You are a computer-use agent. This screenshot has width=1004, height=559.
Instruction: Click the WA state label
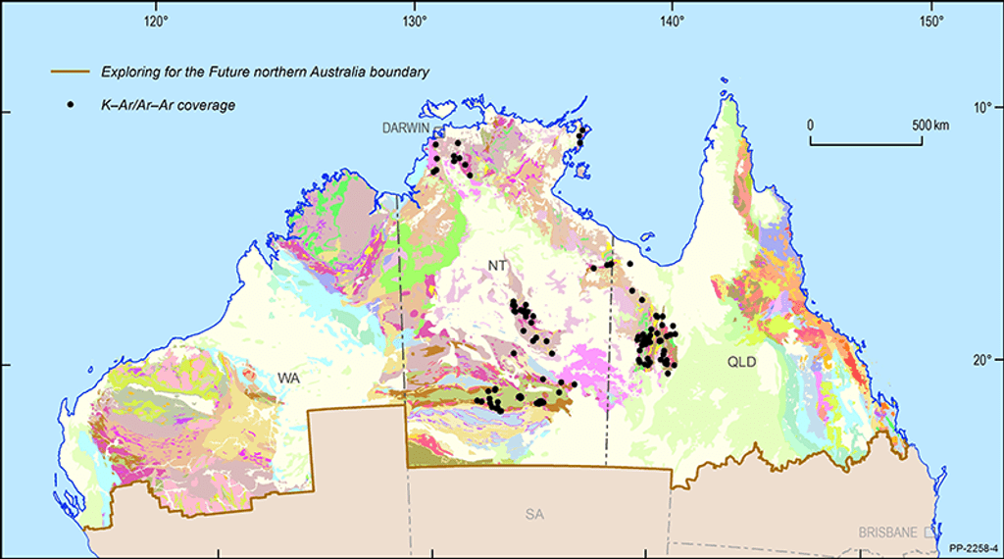point(287,378)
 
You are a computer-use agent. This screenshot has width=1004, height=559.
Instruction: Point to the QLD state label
point(742,361)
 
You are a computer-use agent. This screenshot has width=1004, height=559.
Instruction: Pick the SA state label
point(532,513)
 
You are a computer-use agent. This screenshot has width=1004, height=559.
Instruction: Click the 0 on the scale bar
point(811,126)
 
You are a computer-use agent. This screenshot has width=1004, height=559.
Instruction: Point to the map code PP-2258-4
point(973,548)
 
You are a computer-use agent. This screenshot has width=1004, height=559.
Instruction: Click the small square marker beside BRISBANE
point(928,533)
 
